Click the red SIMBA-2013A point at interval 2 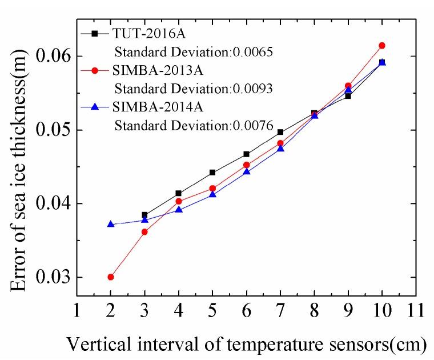(x=110, y=277)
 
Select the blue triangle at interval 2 (x=110, y=224)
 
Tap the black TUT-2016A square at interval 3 (x=144, y=215)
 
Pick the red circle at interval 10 (x=382, y=45)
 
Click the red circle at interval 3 (x=144, y=232)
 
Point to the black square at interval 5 (x=212, y=172)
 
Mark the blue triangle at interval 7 (x=280, y=149)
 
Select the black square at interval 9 (x=348, y=96)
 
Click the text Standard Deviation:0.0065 (x=192, y=53)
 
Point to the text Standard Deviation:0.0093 (x=192, y=89)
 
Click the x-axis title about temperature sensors (x=246, y=345)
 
